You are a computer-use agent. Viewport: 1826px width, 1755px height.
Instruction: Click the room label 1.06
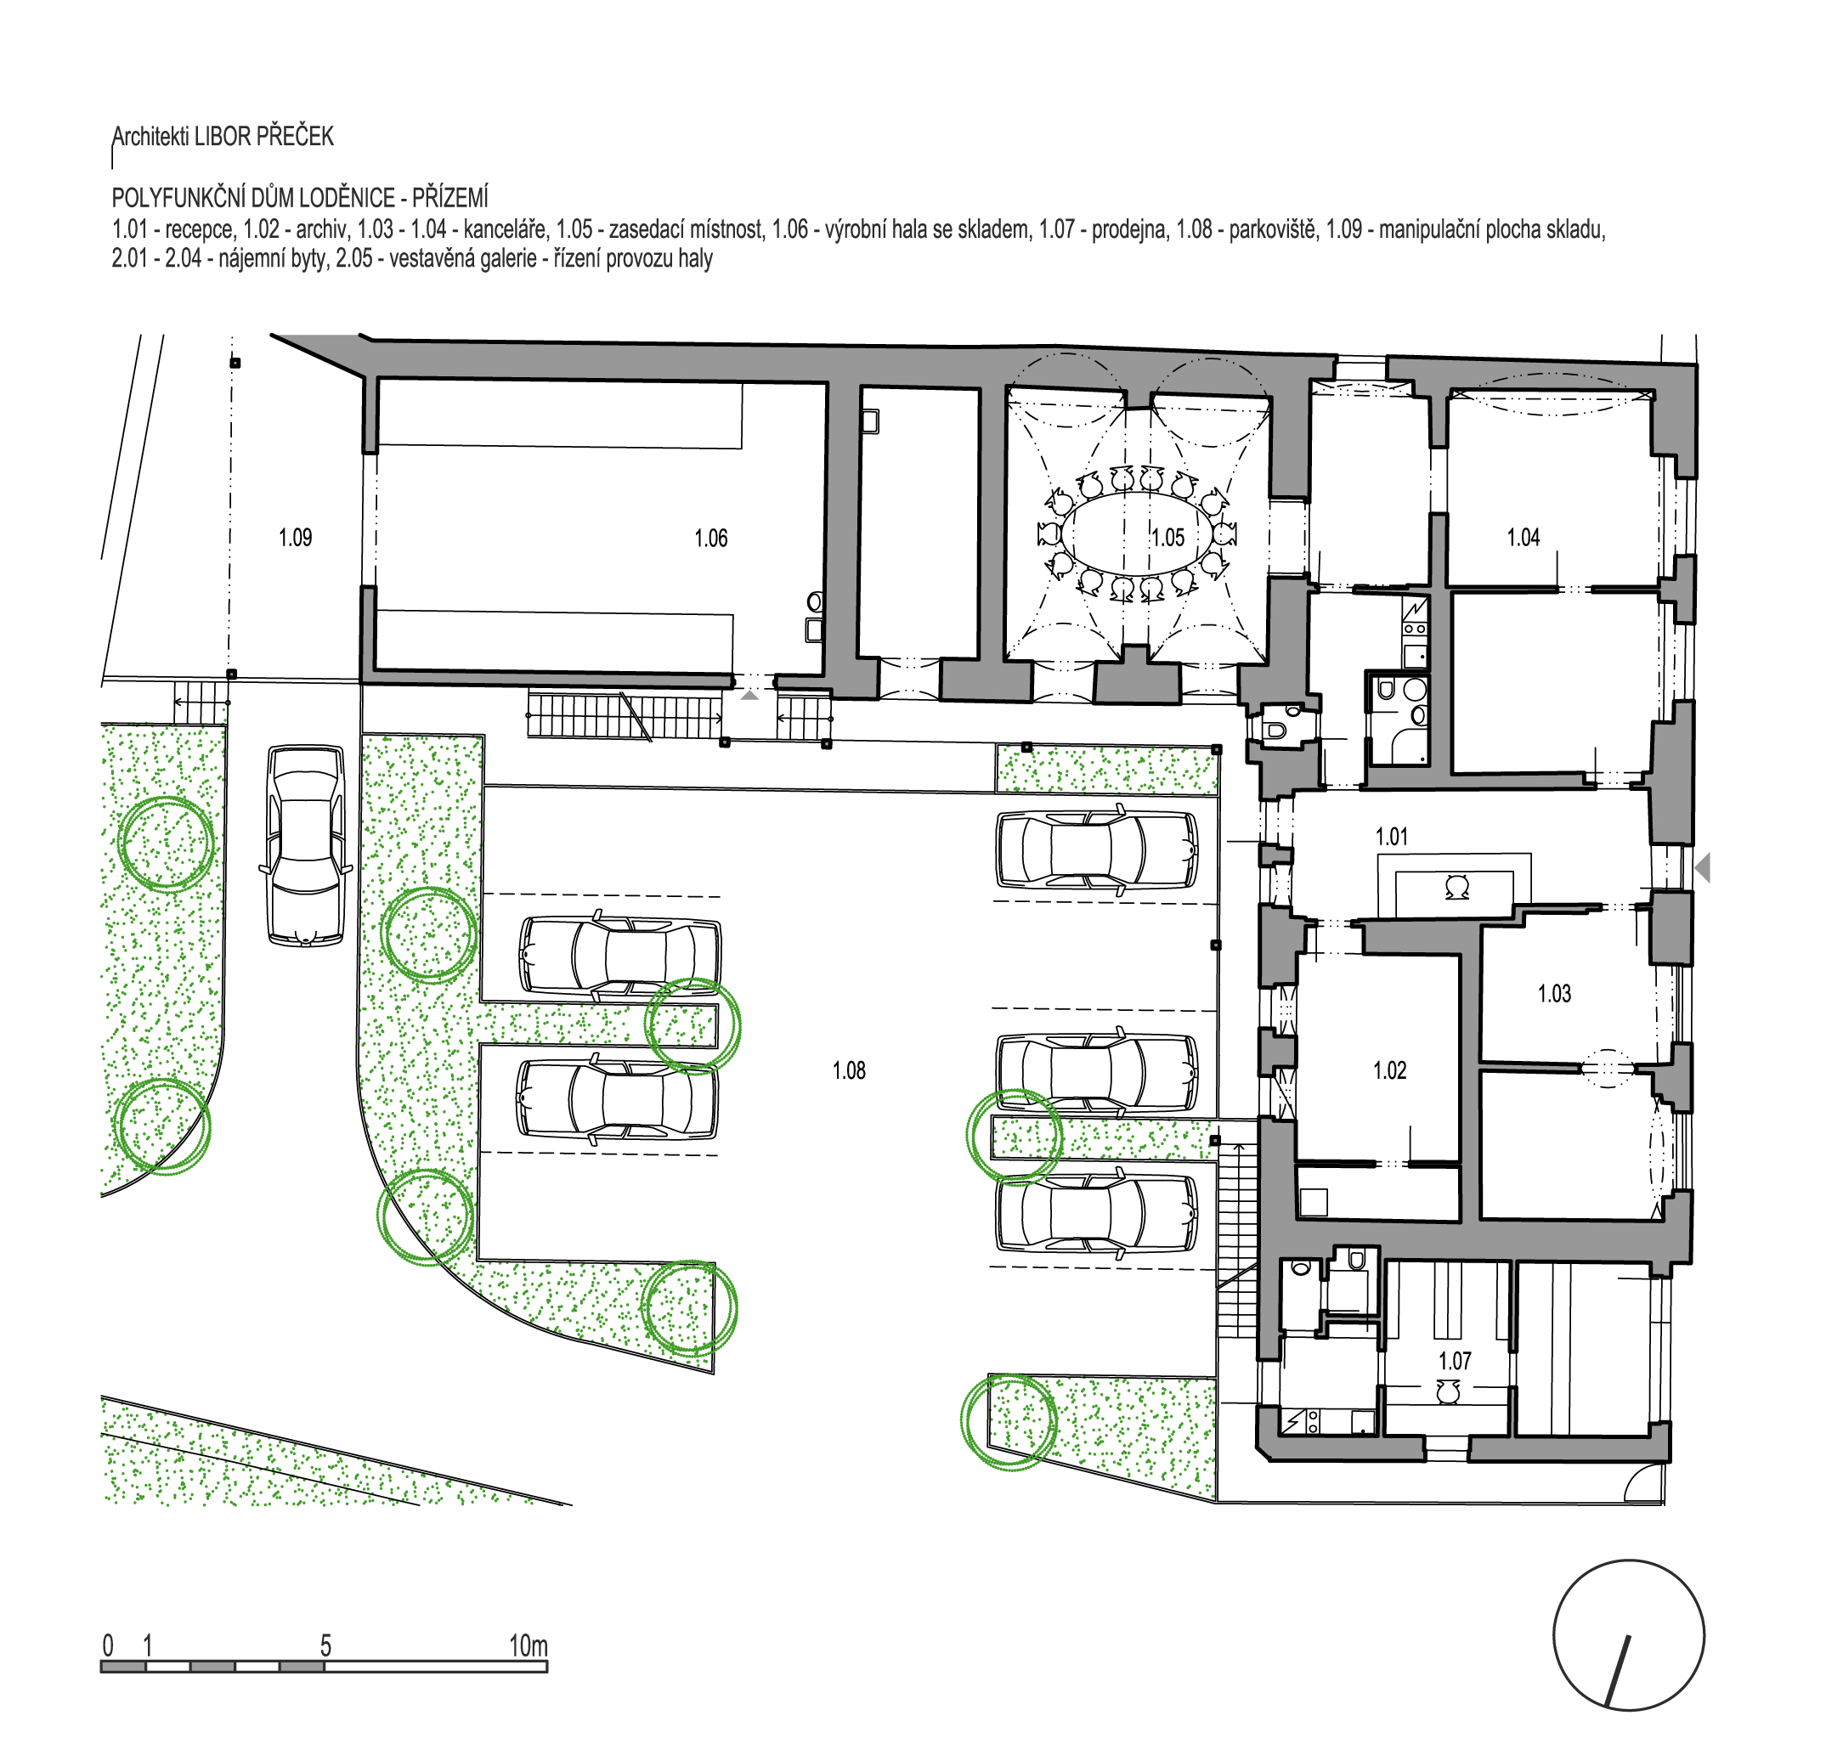pyautogui.click(x=711, y=538)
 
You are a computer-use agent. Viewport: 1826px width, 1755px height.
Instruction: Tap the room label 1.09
pyautogui.click(x=296, y=538)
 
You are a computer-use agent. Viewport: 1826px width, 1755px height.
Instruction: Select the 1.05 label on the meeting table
pyautogui.click(x=1167, y=538)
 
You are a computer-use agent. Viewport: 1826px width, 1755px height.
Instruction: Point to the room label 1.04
pyautogui.click(x=1524, y=537)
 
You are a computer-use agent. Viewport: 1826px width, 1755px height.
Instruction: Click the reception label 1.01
pyautogui.click(x=1392, y=837)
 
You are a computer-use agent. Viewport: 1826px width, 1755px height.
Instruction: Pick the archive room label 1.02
pyautogui.click(x=1390, y=1070)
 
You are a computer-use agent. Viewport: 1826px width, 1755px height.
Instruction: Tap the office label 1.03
pyautogui.click(x=1554, y=994)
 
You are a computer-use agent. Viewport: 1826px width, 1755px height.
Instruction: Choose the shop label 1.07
pyautogui.click(x=1455, y=1361)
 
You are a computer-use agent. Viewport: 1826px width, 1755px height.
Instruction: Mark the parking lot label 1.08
pyautogui.click(x=849, y=1070)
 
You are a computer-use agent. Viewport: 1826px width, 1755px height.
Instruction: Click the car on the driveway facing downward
pyautogui.click(x=306, y=845)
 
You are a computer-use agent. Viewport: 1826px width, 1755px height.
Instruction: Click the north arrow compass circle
pyautogui.click(x=1629, y=1635)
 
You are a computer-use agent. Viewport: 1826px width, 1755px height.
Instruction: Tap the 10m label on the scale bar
pyautogui.click(x=529, y=1645)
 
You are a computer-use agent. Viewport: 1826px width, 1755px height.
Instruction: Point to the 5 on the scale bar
pyautogui.click(x=326, y=1645)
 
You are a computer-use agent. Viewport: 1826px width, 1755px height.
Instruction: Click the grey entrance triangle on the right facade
pyautogui.click(x=1702, y=868)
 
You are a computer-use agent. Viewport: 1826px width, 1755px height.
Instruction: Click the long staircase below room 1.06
pyautogui.click(x=625, y=715)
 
